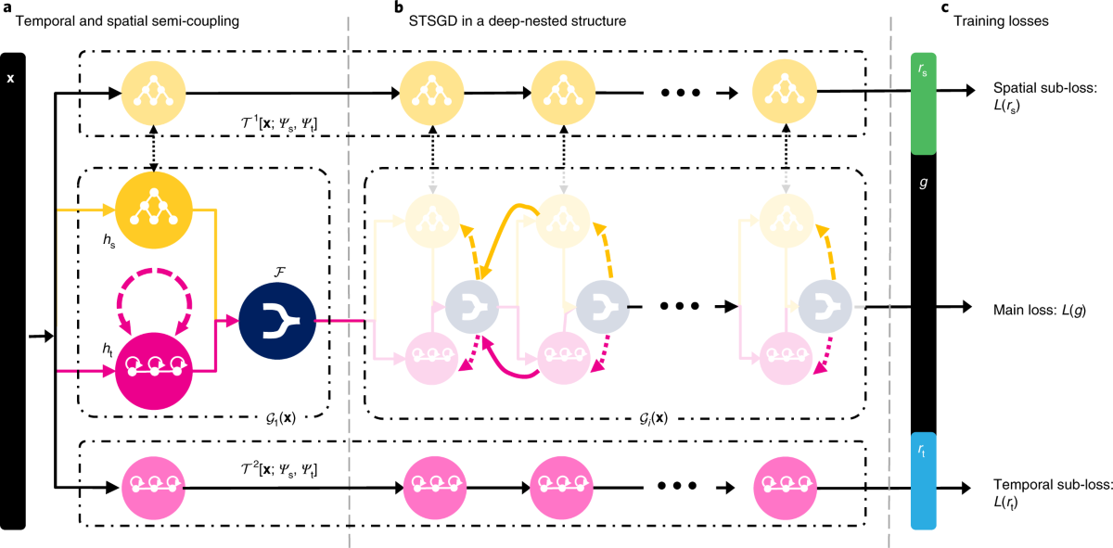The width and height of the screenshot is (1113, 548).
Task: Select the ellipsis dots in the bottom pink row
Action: point(678,488)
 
